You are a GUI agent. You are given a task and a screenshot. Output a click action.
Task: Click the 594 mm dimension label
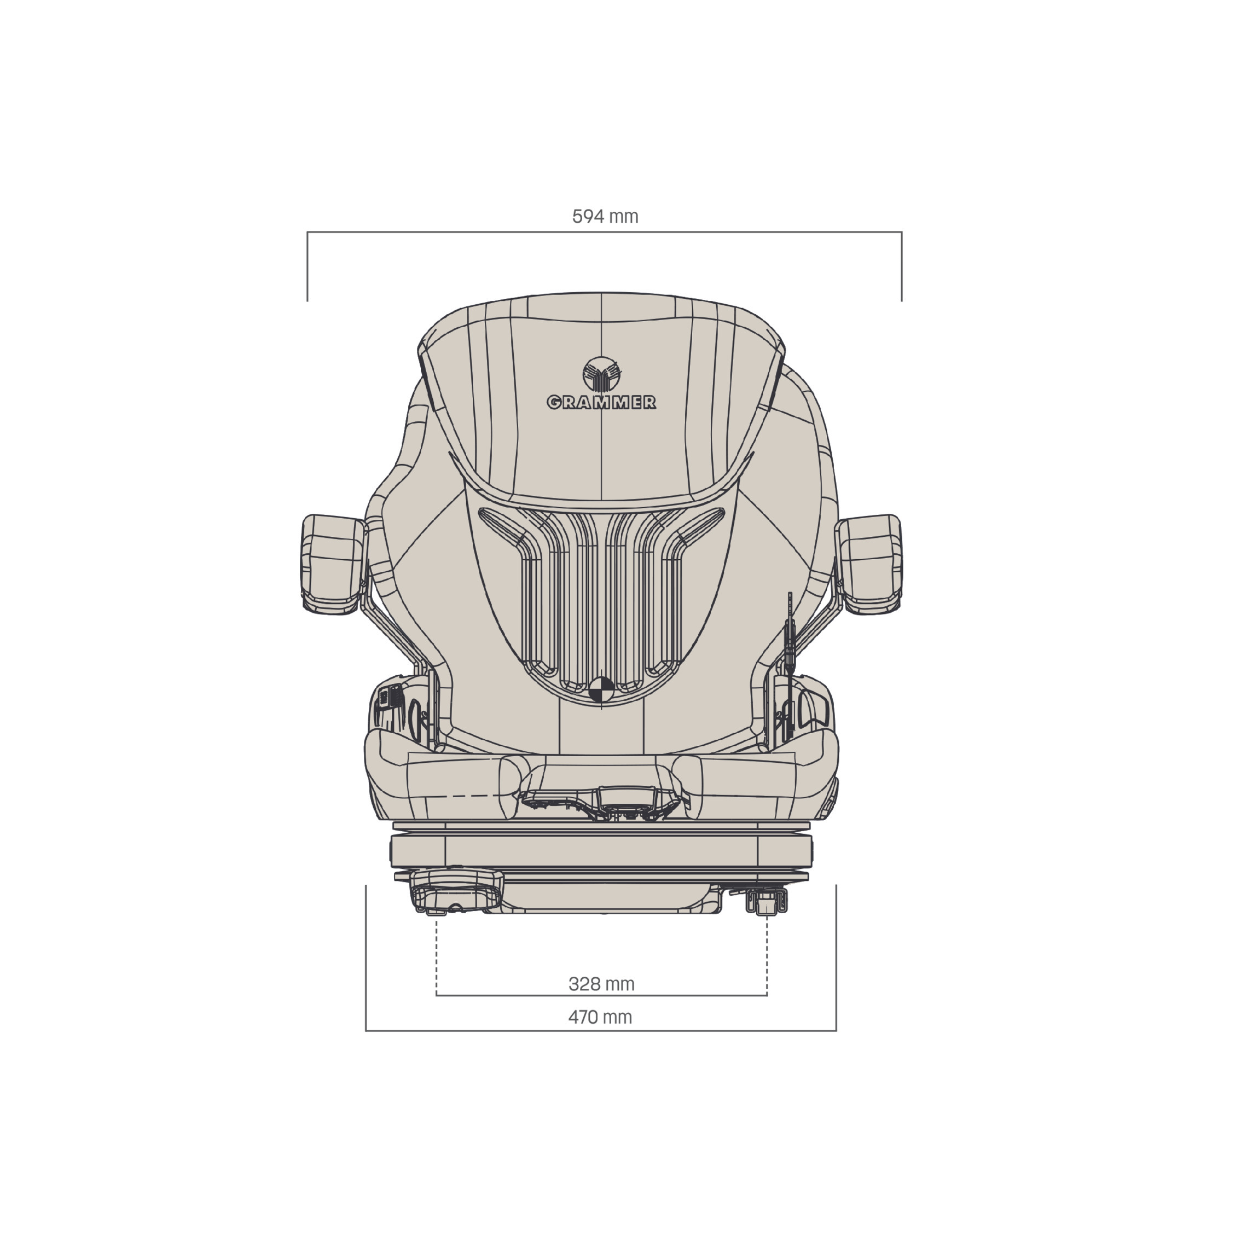click(x=605, y=217)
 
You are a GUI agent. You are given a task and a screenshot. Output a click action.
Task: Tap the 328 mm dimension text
click(x=601, y=983)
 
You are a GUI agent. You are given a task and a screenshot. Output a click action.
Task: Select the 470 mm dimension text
click(x=600, y=1017)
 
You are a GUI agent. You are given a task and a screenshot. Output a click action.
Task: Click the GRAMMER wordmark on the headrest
click(x=601, y=402)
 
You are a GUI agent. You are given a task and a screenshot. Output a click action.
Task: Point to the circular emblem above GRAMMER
click(x=601, y=374)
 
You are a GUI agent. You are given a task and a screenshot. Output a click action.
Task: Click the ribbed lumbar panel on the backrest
click(x=601, y=604)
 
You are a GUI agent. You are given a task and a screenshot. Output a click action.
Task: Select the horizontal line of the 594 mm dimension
click(x=605, y=232)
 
